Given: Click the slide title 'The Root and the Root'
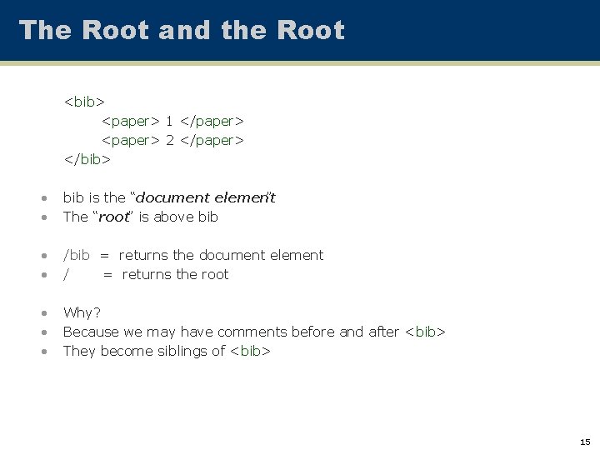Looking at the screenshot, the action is tap(182, 30).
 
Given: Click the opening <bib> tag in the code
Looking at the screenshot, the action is tap(84, 102).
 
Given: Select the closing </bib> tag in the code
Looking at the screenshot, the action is tap(87, 159).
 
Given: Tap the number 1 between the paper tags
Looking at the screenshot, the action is tap(169, 121).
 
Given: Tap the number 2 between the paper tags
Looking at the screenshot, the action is tap(169, 140).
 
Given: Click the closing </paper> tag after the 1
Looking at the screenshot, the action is tap(212, 121).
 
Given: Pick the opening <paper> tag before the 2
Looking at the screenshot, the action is tap(130, 140).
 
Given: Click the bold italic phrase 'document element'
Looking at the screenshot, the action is tap(205, 197).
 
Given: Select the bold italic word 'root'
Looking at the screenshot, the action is tap(114, 217).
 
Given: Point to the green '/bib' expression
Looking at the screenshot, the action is tap(77, 255).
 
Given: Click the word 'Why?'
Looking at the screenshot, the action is tap(82, 312).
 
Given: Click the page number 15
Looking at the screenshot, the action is tap(585, 442).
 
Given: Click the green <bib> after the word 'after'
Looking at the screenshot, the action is tap(425, 332).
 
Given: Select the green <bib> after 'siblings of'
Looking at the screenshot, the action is tap(250, 351).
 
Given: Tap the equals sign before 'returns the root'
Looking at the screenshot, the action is tap(107, 274).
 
